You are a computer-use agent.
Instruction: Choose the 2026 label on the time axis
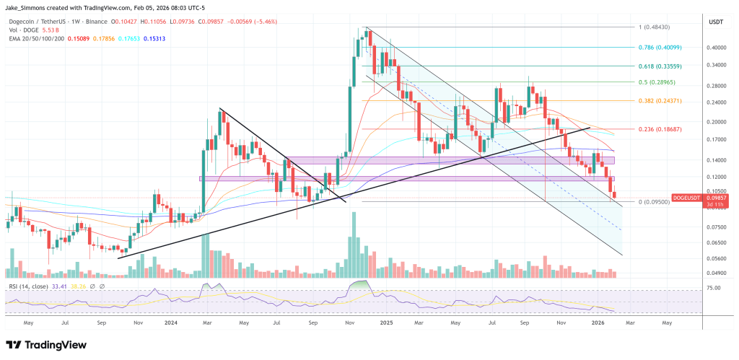click(x=599, y=324)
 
